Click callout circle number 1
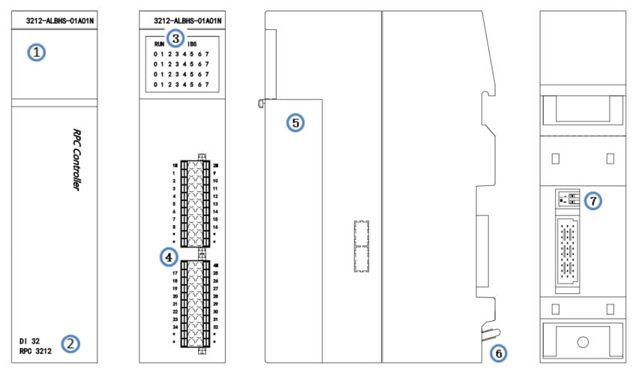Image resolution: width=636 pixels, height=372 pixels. click(x=37, y=52)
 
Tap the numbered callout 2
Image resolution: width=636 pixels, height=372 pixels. click(x=69, y=343)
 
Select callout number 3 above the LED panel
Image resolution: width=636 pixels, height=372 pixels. click(x=175, y=37)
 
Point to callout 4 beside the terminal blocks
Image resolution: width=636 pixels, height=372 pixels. click(x=169, y=257)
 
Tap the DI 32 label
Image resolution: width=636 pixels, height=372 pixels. click(x=30, y=340)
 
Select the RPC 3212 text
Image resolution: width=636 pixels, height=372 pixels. click(x=34, y=350)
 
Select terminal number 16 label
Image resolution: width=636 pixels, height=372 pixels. click(x=215, y=226)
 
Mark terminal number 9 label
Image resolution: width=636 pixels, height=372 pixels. click(x=215, y=173)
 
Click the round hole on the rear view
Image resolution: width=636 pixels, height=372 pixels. click(x=582, y=342)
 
